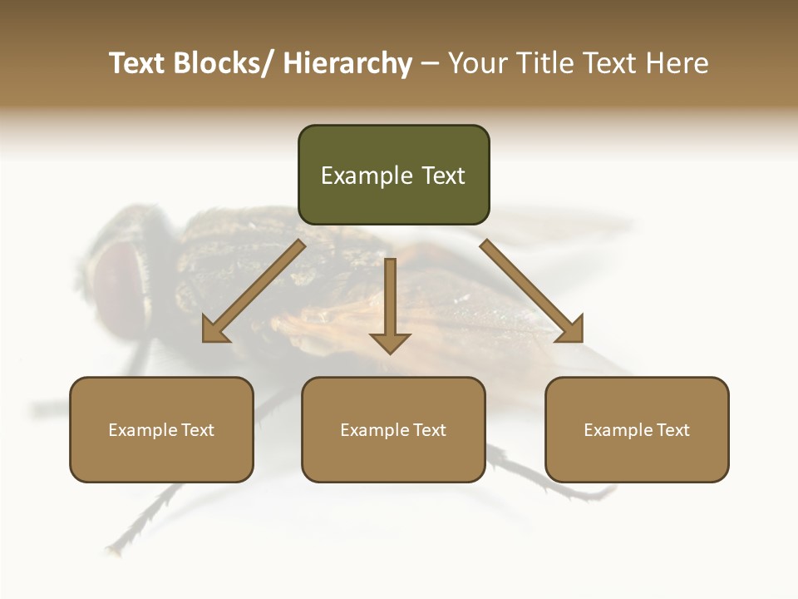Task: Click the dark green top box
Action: point(393,175)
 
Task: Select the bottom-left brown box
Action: point(161,429)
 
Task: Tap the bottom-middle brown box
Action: point(393,429)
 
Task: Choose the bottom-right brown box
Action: point(637,429)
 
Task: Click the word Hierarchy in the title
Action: point(347,63)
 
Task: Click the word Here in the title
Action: point(677,63)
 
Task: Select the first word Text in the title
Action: point(138,63)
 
